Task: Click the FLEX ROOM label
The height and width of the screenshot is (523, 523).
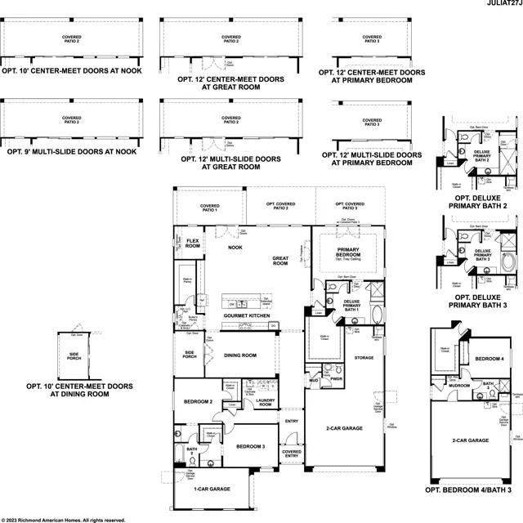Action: click(x=193, y=244)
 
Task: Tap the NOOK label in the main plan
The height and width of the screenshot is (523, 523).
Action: click(x=235, y=247)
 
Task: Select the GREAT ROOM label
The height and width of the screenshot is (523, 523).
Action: click(x=280, y=261)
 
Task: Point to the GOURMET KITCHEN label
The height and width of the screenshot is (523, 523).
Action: click(x=248, y=315)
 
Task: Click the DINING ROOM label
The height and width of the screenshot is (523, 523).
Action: click(x=240, y=355)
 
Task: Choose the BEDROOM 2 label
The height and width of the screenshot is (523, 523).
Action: click(x=198, y=402)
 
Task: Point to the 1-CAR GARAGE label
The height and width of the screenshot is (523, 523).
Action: click(x=212, y=489)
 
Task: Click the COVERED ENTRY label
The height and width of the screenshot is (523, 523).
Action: click(x=291, y=454)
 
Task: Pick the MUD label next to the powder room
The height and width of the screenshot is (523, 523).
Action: click(x=314, y=380)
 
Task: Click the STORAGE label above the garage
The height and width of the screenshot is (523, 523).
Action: click(x=364, y=357)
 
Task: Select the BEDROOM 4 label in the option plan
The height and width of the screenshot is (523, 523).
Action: click(x=489, y=359)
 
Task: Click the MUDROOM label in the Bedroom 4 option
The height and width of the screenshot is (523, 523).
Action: click(x=458, y=384)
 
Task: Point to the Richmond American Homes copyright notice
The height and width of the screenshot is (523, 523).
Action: click(x=64, y=519)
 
